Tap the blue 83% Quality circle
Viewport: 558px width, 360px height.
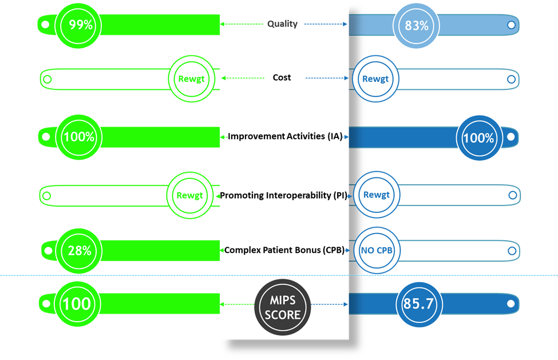click(417, 25)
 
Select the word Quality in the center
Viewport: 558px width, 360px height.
click(282, 24)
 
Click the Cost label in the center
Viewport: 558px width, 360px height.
click(282, 77)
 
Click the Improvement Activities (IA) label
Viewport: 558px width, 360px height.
click(284, 136)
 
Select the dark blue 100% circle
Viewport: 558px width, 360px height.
click(478, 138)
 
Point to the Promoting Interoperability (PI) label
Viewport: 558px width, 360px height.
click(284, 195)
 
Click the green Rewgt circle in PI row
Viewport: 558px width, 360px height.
click(189, 195)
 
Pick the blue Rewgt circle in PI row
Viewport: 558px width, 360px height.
click(376, 195)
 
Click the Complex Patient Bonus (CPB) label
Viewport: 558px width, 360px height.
click(284, 250)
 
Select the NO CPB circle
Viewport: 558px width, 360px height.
click(376, 250)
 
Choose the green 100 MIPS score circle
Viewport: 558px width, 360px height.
click(77, 303)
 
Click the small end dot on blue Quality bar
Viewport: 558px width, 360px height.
click(510, 24)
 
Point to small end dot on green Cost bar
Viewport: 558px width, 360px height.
click(48, 80)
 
